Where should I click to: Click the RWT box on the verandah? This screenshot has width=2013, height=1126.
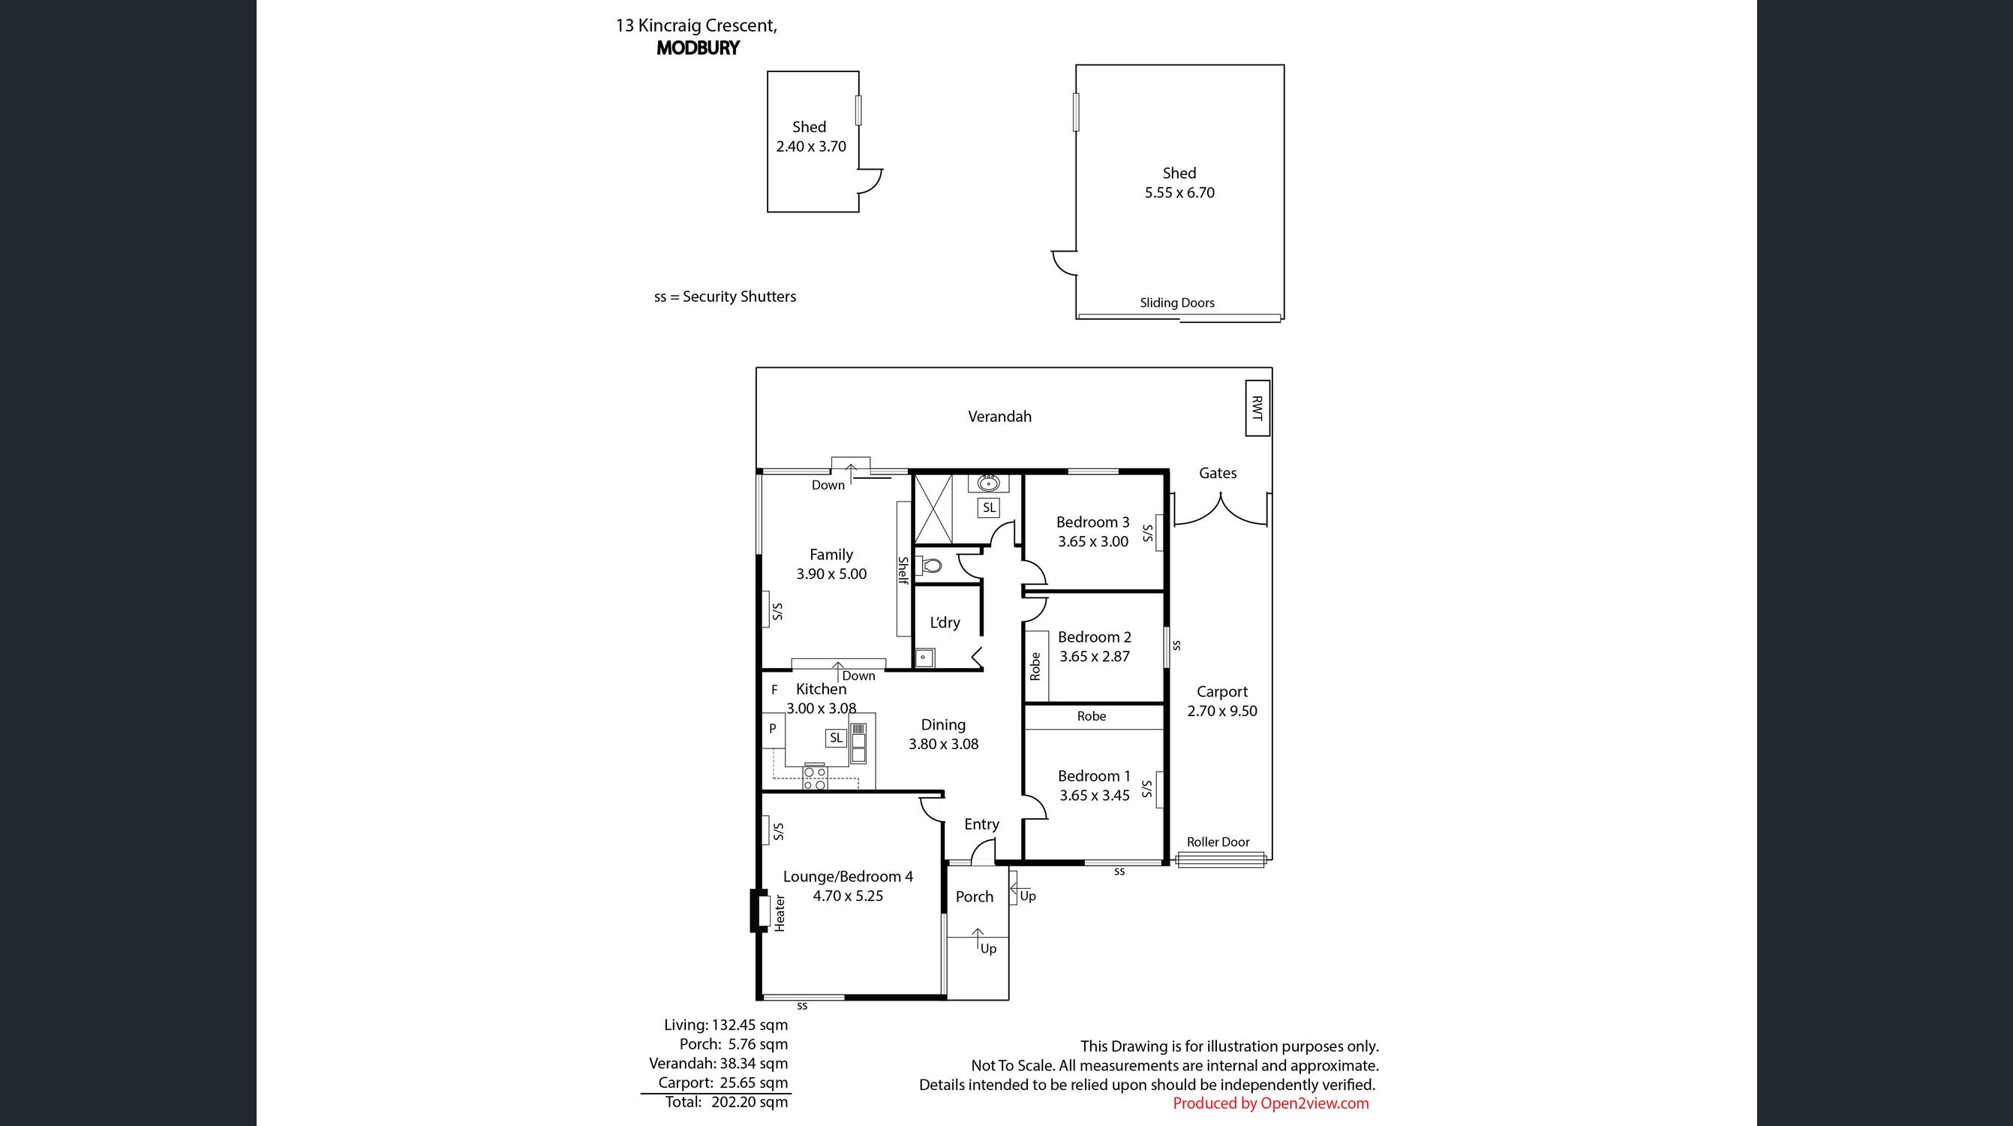[x=1257, y=408]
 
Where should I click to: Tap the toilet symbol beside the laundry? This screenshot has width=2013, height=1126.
[x=930, y=565]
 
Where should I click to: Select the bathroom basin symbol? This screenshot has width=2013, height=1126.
[x=989, y=482]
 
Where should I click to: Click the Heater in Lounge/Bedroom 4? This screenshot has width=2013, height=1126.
[x=759, y=912]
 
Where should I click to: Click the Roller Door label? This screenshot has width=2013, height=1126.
[x=1218, y=842]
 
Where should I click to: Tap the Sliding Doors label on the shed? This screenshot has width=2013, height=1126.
[x=1177, y=303]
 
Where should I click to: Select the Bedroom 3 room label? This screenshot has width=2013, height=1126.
[x=1092, y=522]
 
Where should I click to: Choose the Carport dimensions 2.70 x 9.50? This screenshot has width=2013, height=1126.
[x=1222, y=711]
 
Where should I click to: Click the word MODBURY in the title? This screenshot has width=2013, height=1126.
[x=698, y=48]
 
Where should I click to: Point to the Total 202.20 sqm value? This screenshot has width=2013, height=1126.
[x=750, y=1102]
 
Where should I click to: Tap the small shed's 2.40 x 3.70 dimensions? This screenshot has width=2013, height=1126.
[x=811, y=146]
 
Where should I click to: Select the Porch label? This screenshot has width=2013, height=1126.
[x=975, y=897]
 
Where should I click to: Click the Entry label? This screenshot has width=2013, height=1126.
[x=981, y=824]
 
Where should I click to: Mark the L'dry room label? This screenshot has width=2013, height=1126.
[x=945, y=622]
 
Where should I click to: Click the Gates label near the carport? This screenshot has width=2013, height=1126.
[x=1218, y=473]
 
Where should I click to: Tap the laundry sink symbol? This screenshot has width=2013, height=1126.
[x=924, y=658]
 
